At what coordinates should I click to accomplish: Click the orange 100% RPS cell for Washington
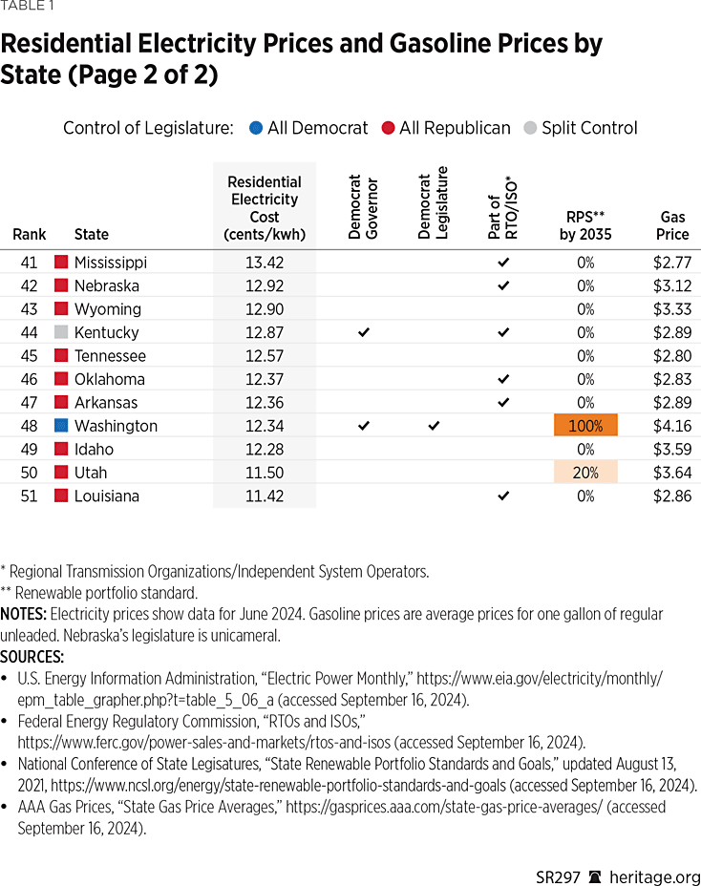click(585, 426)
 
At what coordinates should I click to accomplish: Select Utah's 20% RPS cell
click(585, 473)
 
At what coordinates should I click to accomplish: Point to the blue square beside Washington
click(61, 426)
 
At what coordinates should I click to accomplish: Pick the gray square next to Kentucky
click(61, 332)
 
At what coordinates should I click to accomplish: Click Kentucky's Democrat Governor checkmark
click(363, 332)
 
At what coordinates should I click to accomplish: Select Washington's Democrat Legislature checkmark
click(434, 426)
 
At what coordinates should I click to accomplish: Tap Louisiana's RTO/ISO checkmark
click(503, 496)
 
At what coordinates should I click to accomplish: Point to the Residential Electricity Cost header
click(264, 208)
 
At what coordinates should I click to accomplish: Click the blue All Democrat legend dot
click(255, 128)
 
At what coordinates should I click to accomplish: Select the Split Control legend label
click(589, 128)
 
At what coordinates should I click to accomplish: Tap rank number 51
click(29, 496)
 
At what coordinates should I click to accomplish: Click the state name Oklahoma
click(110, 379)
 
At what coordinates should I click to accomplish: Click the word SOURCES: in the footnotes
click(32, 657)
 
